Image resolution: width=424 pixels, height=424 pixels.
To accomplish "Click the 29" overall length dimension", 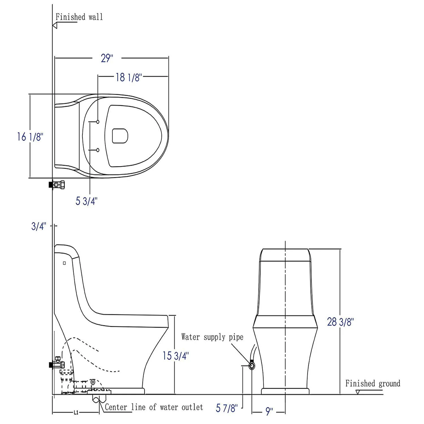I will (x=107, y=59).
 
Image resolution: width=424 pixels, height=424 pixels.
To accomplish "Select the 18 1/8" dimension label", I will (x=128, y=77).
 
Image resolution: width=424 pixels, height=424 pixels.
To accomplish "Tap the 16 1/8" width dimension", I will (x=30, y=137).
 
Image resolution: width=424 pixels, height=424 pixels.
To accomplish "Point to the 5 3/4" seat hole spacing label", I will (x=86, y=201).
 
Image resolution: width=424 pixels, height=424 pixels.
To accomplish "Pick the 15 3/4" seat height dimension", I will (x=175, y=356).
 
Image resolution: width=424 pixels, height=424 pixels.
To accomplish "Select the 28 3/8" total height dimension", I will (x=340, y=322).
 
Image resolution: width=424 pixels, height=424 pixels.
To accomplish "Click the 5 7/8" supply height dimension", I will (x=227, y=408).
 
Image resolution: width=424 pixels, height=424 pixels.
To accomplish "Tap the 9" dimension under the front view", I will (x=269, y=412).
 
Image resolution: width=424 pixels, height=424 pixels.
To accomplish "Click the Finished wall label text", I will (x=79, y=17).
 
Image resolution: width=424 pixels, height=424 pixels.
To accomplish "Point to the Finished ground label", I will (x=373, y=384).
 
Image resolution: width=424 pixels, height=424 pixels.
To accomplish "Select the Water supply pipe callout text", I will (x=212, y=337).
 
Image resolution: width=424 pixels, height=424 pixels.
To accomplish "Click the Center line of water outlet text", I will (x=154, y=407).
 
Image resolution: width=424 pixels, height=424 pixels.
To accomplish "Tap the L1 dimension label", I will (x=76, y=413).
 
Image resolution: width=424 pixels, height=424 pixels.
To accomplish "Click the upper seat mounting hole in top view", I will (x=98, y=122).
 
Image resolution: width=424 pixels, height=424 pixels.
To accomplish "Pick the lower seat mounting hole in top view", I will (x=98, y=150).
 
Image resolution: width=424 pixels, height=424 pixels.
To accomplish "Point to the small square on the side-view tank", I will (x=64, y=263).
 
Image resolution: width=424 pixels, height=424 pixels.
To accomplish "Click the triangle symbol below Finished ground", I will (x=358, y=392).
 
